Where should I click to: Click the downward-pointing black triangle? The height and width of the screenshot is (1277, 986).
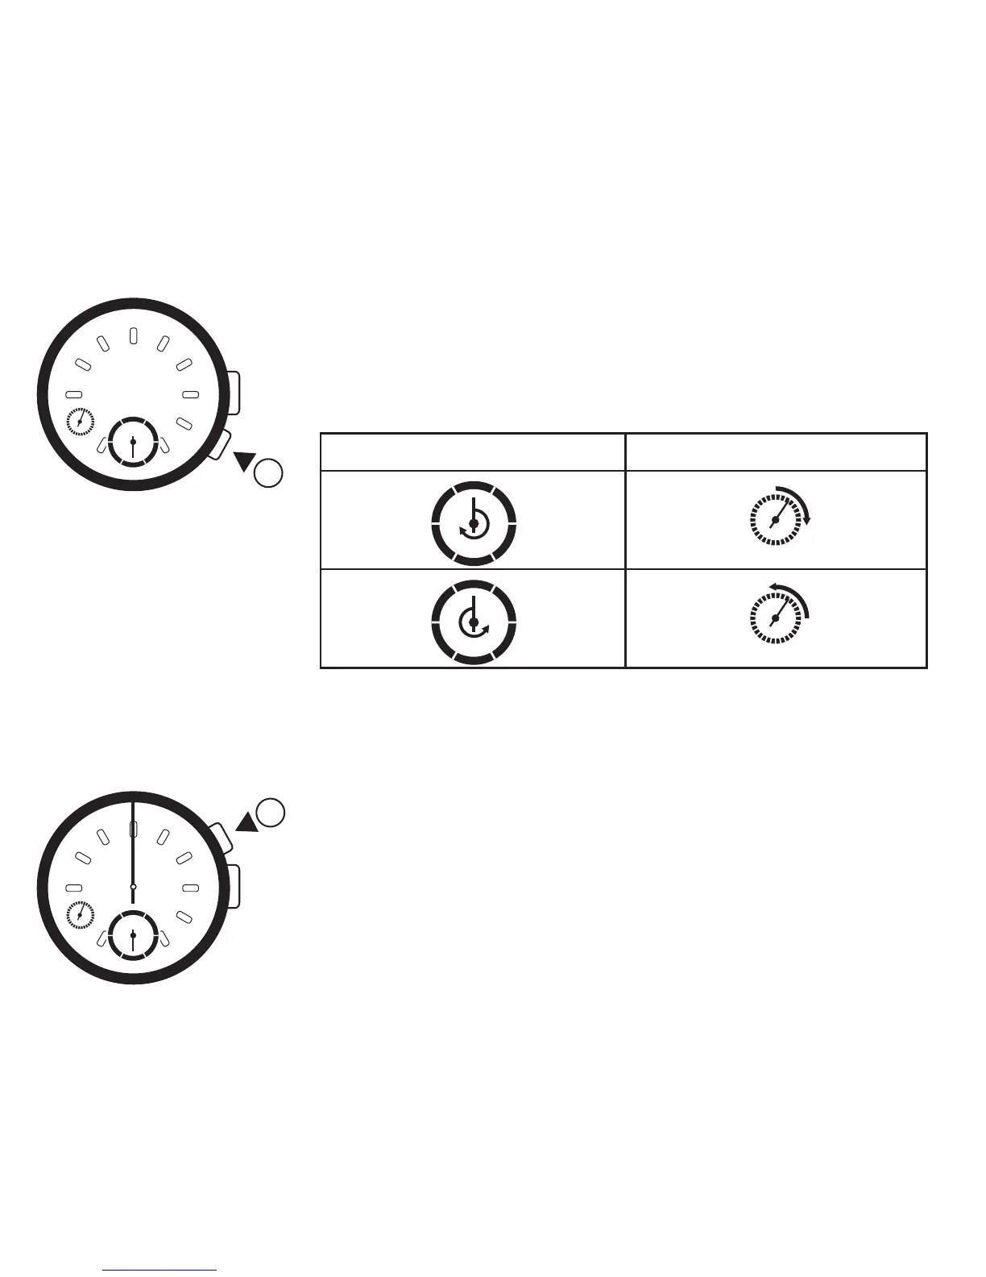click(x=243, y=462)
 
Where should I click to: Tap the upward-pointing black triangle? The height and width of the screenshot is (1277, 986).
click(x=246, y=822)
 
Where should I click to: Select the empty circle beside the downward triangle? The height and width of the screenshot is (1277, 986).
click(x=268, y=472)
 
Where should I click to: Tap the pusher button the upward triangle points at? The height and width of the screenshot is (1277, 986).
click(x=221, y=838)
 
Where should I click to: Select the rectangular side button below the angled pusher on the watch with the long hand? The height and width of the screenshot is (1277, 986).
click(x=233, y=885)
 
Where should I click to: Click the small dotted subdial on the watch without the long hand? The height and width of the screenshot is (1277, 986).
click(x=81, y=422)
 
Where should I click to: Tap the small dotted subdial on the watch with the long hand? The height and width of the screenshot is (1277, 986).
click(x=81, y=915)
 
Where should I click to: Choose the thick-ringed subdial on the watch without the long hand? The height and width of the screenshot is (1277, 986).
click(x=132, y=442)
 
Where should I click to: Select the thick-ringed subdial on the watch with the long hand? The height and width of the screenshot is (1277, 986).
click(x=132, y=934)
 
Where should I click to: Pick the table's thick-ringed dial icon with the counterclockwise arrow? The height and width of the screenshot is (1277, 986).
click(x=474, y=622)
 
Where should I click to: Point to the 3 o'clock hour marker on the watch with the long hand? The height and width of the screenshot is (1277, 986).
click(x=191, y=888)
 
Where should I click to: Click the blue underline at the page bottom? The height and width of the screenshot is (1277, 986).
click(x=160, y=1270)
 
